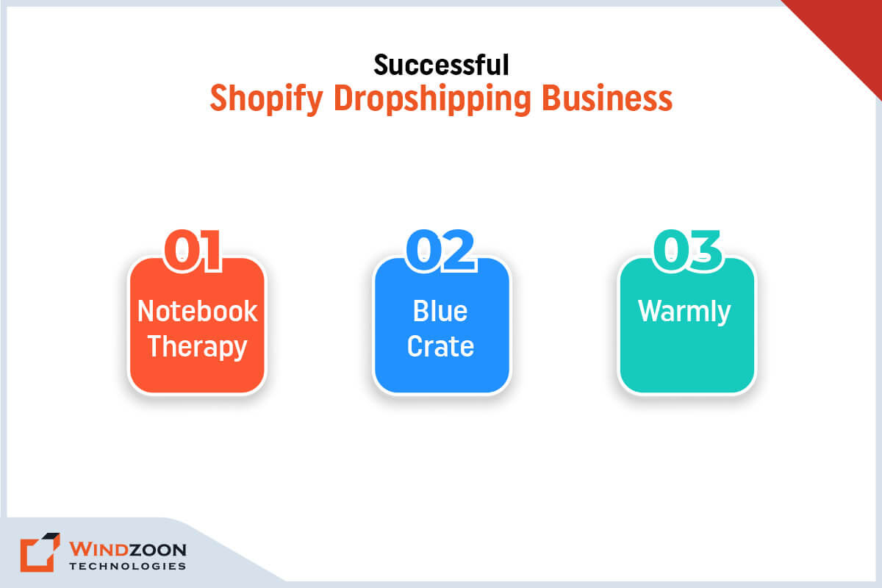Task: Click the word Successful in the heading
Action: point(441,65)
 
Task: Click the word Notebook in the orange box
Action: point(197,311)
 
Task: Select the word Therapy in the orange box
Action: point(197,346)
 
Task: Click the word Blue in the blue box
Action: point(440,311)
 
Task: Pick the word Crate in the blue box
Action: point(440,346)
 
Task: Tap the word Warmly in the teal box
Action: point(684,311)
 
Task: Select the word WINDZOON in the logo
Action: point(127,549)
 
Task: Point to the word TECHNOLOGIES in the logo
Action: point(127,566)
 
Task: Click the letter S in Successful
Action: point(380,65)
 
